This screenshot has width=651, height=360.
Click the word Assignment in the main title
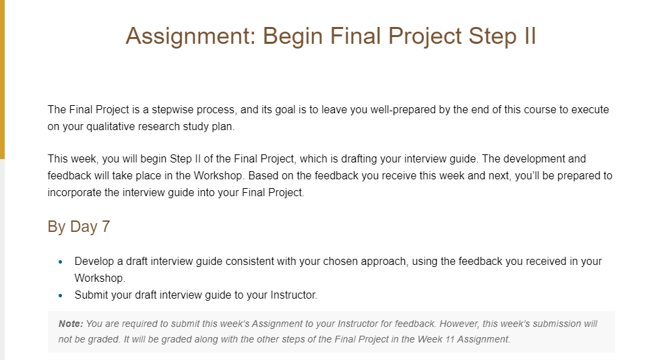click(191, 36)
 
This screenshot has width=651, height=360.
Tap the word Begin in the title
click(292, 36)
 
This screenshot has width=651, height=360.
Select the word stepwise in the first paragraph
click(173, 110)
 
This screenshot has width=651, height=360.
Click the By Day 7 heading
click(78, 227)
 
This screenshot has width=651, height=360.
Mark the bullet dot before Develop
click(61, 262)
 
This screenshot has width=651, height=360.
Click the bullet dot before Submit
click(61, 296)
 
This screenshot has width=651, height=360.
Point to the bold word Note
click(71, 324)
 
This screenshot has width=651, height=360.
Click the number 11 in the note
click(450, 339)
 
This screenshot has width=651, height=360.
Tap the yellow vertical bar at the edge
click(2, 80)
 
